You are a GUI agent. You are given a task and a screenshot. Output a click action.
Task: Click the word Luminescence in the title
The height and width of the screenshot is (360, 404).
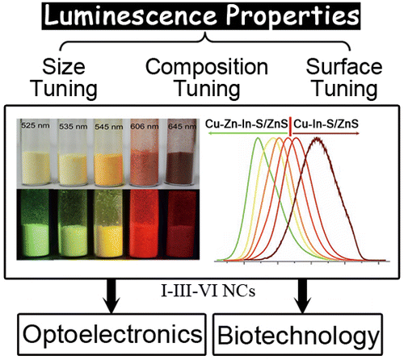pos(130,15)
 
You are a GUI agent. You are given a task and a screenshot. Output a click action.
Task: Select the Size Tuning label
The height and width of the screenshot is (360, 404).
pos(64,78)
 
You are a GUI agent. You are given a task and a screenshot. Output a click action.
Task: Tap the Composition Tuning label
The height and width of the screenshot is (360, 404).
pos(207,78)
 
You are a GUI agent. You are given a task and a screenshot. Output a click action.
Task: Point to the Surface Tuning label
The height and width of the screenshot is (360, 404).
pos(344,78)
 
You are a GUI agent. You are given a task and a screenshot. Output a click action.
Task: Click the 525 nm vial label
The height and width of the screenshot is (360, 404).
pos(36,125)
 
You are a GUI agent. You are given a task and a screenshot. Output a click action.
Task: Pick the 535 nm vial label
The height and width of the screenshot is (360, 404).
pos(74,126)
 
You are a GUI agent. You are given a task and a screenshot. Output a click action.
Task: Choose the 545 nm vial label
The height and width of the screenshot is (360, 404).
pos(109,126)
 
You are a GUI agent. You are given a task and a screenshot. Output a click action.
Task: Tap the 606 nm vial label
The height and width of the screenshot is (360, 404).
pos(145,126)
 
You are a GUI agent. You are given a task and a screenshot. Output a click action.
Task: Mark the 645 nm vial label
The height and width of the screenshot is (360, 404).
pos(182,126)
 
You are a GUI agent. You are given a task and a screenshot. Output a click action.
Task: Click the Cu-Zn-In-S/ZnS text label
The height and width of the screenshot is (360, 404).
pos(246,124)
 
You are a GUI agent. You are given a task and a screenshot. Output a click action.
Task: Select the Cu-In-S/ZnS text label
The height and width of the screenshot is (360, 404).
pos(326,124)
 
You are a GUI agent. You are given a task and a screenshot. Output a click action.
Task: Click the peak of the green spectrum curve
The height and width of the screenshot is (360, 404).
pos(258,138)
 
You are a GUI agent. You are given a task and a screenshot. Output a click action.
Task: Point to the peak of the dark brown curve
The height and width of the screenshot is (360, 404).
pos(318,139)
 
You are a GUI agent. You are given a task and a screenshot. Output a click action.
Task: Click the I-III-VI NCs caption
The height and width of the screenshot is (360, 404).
pos(208,291)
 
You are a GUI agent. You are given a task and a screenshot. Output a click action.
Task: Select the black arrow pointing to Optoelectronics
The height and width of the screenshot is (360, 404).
pos(112,296)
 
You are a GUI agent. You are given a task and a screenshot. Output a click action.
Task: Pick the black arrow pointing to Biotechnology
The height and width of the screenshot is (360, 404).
pos(303,296)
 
